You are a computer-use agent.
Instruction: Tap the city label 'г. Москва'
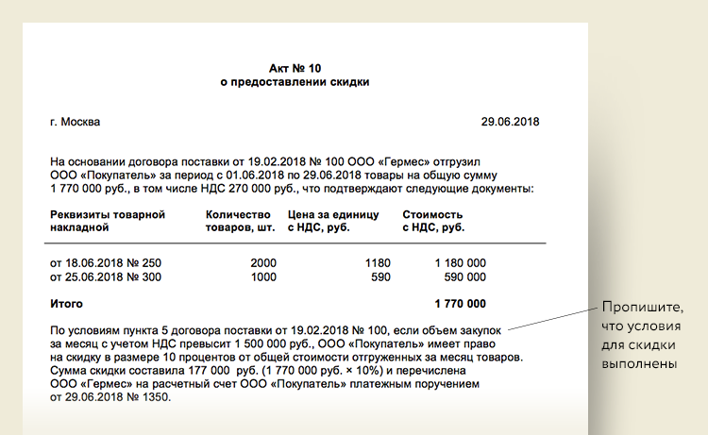[x=76, y=122]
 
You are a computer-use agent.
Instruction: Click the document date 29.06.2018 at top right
[x=511, y=122]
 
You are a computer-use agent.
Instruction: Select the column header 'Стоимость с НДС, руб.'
[x=433, y=221]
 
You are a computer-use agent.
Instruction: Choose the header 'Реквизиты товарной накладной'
[x=108, y=221]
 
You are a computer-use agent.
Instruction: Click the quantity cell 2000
[x=263, y=261]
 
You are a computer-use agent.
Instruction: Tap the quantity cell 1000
[x=263, y=276]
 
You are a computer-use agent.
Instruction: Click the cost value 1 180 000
[x=460, y=261]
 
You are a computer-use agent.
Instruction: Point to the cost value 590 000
[x=464, y=276]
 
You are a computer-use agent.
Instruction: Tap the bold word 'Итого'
[x=66, y=304]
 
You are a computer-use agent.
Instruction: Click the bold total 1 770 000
[x=460, y=304]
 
